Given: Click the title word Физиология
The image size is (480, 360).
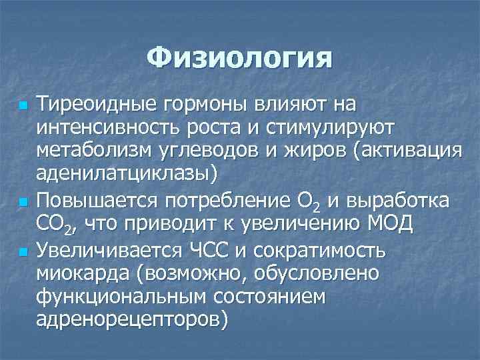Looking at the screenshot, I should click(239, 58).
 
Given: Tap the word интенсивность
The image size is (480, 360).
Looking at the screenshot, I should click(108, 127).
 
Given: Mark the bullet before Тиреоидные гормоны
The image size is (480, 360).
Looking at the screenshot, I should click(23, 106).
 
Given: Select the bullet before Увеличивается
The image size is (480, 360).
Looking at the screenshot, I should click(23, 252).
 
